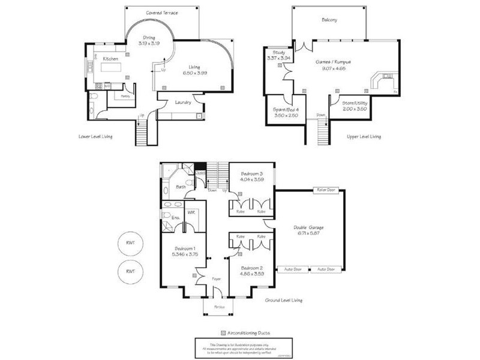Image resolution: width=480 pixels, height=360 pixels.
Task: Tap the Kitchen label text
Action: pos(110,59)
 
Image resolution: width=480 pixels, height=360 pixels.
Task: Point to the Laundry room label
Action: pos(183,102)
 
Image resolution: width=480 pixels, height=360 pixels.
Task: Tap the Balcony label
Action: pos(329,20)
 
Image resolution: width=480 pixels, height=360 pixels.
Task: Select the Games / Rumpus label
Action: pos(333,62)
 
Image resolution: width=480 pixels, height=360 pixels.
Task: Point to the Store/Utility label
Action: pos(355,103)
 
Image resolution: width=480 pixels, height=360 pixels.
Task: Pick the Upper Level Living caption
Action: pos(364,137)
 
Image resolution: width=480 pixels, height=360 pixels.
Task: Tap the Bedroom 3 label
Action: pos(252,173)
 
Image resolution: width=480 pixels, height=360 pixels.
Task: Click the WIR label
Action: pos(191,212)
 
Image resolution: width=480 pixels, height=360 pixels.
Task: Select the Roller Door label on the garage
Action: pos(323,190)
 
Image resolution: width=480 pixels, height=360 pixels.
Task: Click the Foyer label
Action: pos(217,278)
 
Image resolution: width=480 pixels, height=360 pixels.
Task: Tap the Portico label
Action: pos(219,307)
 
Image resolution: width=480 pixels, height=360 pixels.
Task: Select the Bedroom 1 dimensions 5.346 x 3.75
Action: pos(185,254)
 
